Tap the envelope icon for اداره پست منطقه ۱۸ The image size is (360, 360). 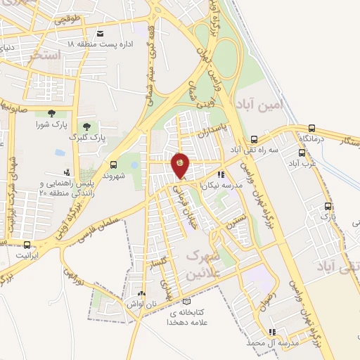click(100, 34)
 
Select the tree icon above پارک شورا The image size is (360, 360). click(51, 112)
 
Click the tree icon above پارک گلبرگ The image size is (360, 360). click(86, 127)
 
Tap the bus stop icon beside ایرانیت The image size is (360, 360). click(27, 245)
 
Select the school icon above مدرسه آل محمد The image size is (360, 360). click(272, 332)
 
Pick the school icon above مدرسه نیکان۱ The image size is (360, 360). click(221, 174)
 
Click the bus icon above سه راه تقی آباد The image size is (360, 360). click(254, 139)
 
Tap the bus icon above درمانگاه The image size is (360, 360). click(311, 128)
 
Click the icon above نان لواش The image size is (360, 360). click(141, 294)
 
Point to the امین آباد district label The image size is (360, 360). click(259, 104)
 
